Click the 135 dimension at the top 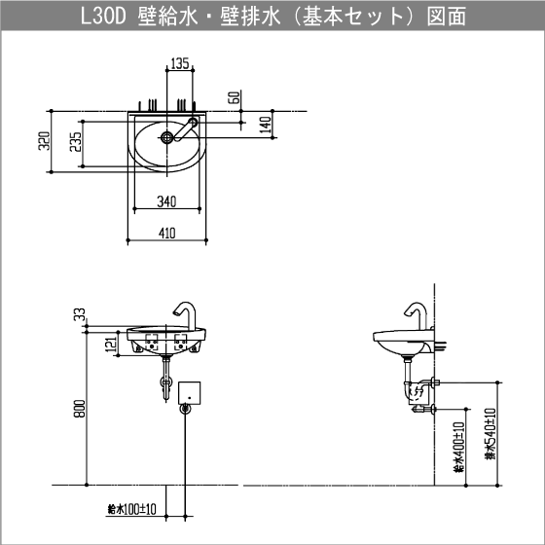tap(179, 64)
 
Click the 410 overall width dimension tap(167, 233)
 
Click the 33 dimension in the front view tap(77, 313)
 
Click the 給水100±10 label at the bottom tap(132, 509)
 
